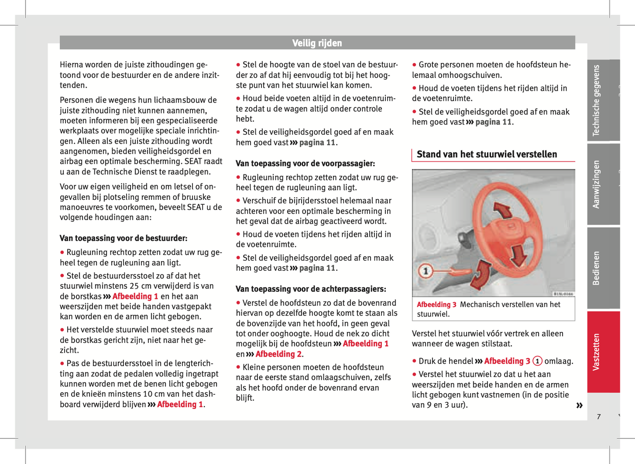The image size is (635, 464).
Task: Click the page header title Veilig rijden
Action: [x=317, y=43]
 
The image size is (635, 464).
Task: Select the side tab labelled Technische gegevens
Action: [x=596, y=100]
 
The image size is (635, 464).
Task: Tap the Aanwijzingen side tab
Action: [x=596, y=184]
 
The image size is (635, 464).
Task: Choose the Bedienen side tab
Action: [x=596, y=268]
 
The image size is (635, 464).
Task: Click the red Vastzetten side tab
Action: [x=596, y=352]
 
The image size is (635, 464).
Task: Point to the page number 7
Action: [x=599, y=416]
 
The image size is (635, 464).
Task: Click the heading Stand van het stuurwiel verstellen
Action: [x=486, y=155]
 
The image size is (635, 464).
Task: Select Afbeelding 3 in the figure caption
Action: [x=436, y=305]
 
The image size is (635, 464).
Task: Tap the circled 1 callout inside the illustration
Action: [x=425, y=271]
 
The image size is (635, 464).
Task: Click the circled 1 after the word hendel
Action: [x=537, y=361]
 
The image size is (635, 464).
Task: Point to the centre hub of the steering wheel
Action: [x=511, y=228]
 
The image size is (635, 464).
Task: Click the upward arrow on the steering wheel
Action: [x=502, y=210]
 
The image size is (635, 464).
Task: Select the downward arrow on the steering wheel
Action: [x=520, y=255]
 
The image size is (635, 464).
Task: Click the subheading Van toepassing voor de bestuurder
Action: [x=123, y=239]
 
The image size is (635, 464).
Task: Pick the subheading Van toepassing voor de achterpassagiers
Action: [x=311, y=289]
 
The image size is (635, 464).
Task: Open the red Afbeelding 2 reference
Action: [x=278, y=354]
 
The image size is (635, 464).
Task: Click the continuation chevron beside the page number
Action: [x=579, y=405]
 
